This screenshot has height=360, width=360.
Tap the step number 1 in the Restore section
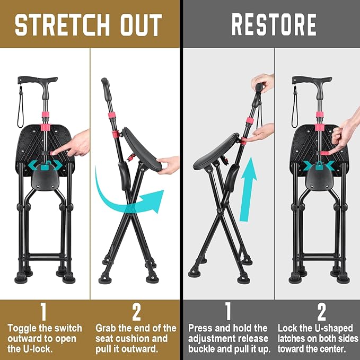tap(229, 312)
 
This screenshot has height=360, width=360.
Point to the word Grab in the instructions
tap(108, 328)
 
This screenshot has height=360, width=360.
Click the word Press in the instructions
tap(201, 328)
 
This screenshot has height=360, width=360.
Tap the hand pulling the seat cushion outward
tap(169, 164)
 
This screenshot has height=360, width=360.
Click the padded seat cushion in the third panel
tap(215, 151)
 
